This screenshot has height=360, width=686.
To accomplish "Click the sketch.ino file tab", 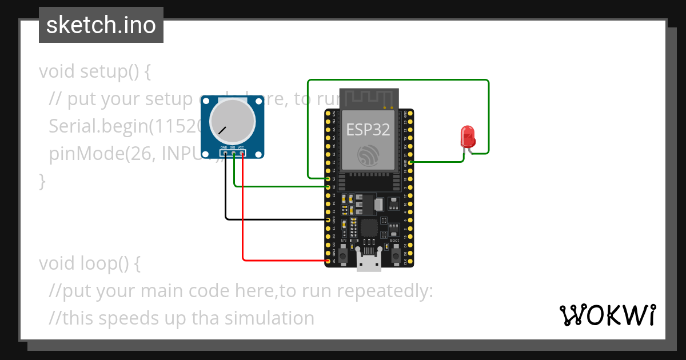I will (101, 25).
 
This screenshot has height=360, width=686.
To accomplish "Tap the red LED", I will (468, 137).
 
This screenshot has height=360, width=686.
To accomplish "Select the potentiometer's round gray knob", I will (232, 121).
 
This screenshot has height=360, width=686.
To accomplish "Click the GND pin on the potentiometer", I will (225, 153).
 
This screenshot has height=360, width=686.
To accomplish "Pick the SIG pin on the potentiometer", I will (234, 153).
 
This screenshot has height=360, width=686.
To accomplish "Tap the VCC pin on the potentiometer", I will (242, 153).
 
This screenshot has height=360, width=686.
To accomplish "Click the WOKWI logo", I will (607, 314).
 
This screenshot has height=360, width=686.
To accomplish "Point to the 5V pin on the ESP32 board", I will (328, 261).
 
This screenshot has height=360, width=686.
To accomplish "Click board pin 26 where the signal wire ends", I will (328, 186).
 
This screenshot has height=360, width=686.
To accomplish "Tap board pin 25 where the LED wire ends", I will (328, 178).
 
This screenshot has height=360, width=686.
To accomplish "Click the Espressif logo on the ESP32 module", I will (368, 155).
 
